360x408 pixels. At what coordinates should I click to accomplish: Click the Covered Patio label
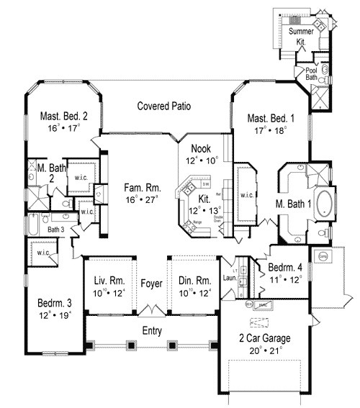click(164, 106)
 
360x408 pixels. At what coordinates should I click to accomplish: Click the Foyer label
click(151, 283)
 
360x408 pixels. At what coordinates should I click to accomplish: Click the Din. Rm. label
click(195, 281)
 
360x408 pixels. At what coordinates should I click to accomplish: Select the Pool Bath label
click(311, 73)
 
